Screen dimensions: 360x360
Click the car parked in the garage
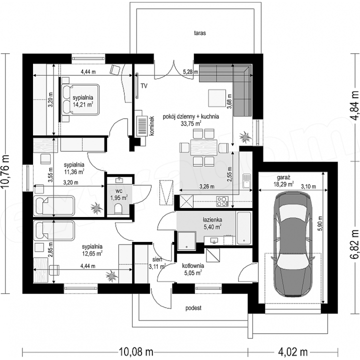point(292,244)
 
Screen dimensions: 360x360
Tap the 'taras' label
point(200,33)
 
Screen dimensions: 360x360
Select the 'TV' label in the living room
point(144,86)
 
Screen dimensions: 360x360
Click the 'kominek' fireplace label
point(151,126)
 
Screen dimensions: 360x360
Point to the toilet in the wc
point(118,208)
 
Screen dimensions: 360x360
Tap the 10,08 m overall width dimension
point(136,351)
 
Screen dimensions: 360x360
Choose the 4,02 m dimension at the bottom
point(292,351)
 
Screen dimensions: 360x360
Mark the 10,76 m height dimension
point(5,171)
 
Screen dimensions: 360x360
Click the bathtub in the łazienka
point(243,228)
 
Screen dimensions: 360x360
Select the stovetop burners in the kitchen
point(222,201)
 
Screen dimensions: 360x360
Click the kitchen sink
point(247,181)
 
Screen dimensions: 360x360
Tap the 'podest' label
point(193,308)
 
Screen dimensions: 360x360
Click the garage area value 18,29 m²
point(284,184)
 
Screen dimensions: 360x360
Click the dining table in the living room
point(203,147)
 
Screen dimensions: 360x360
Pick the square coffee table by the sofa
point(217,98)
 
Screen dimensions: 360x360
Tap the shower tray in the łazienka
point(186,240)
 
